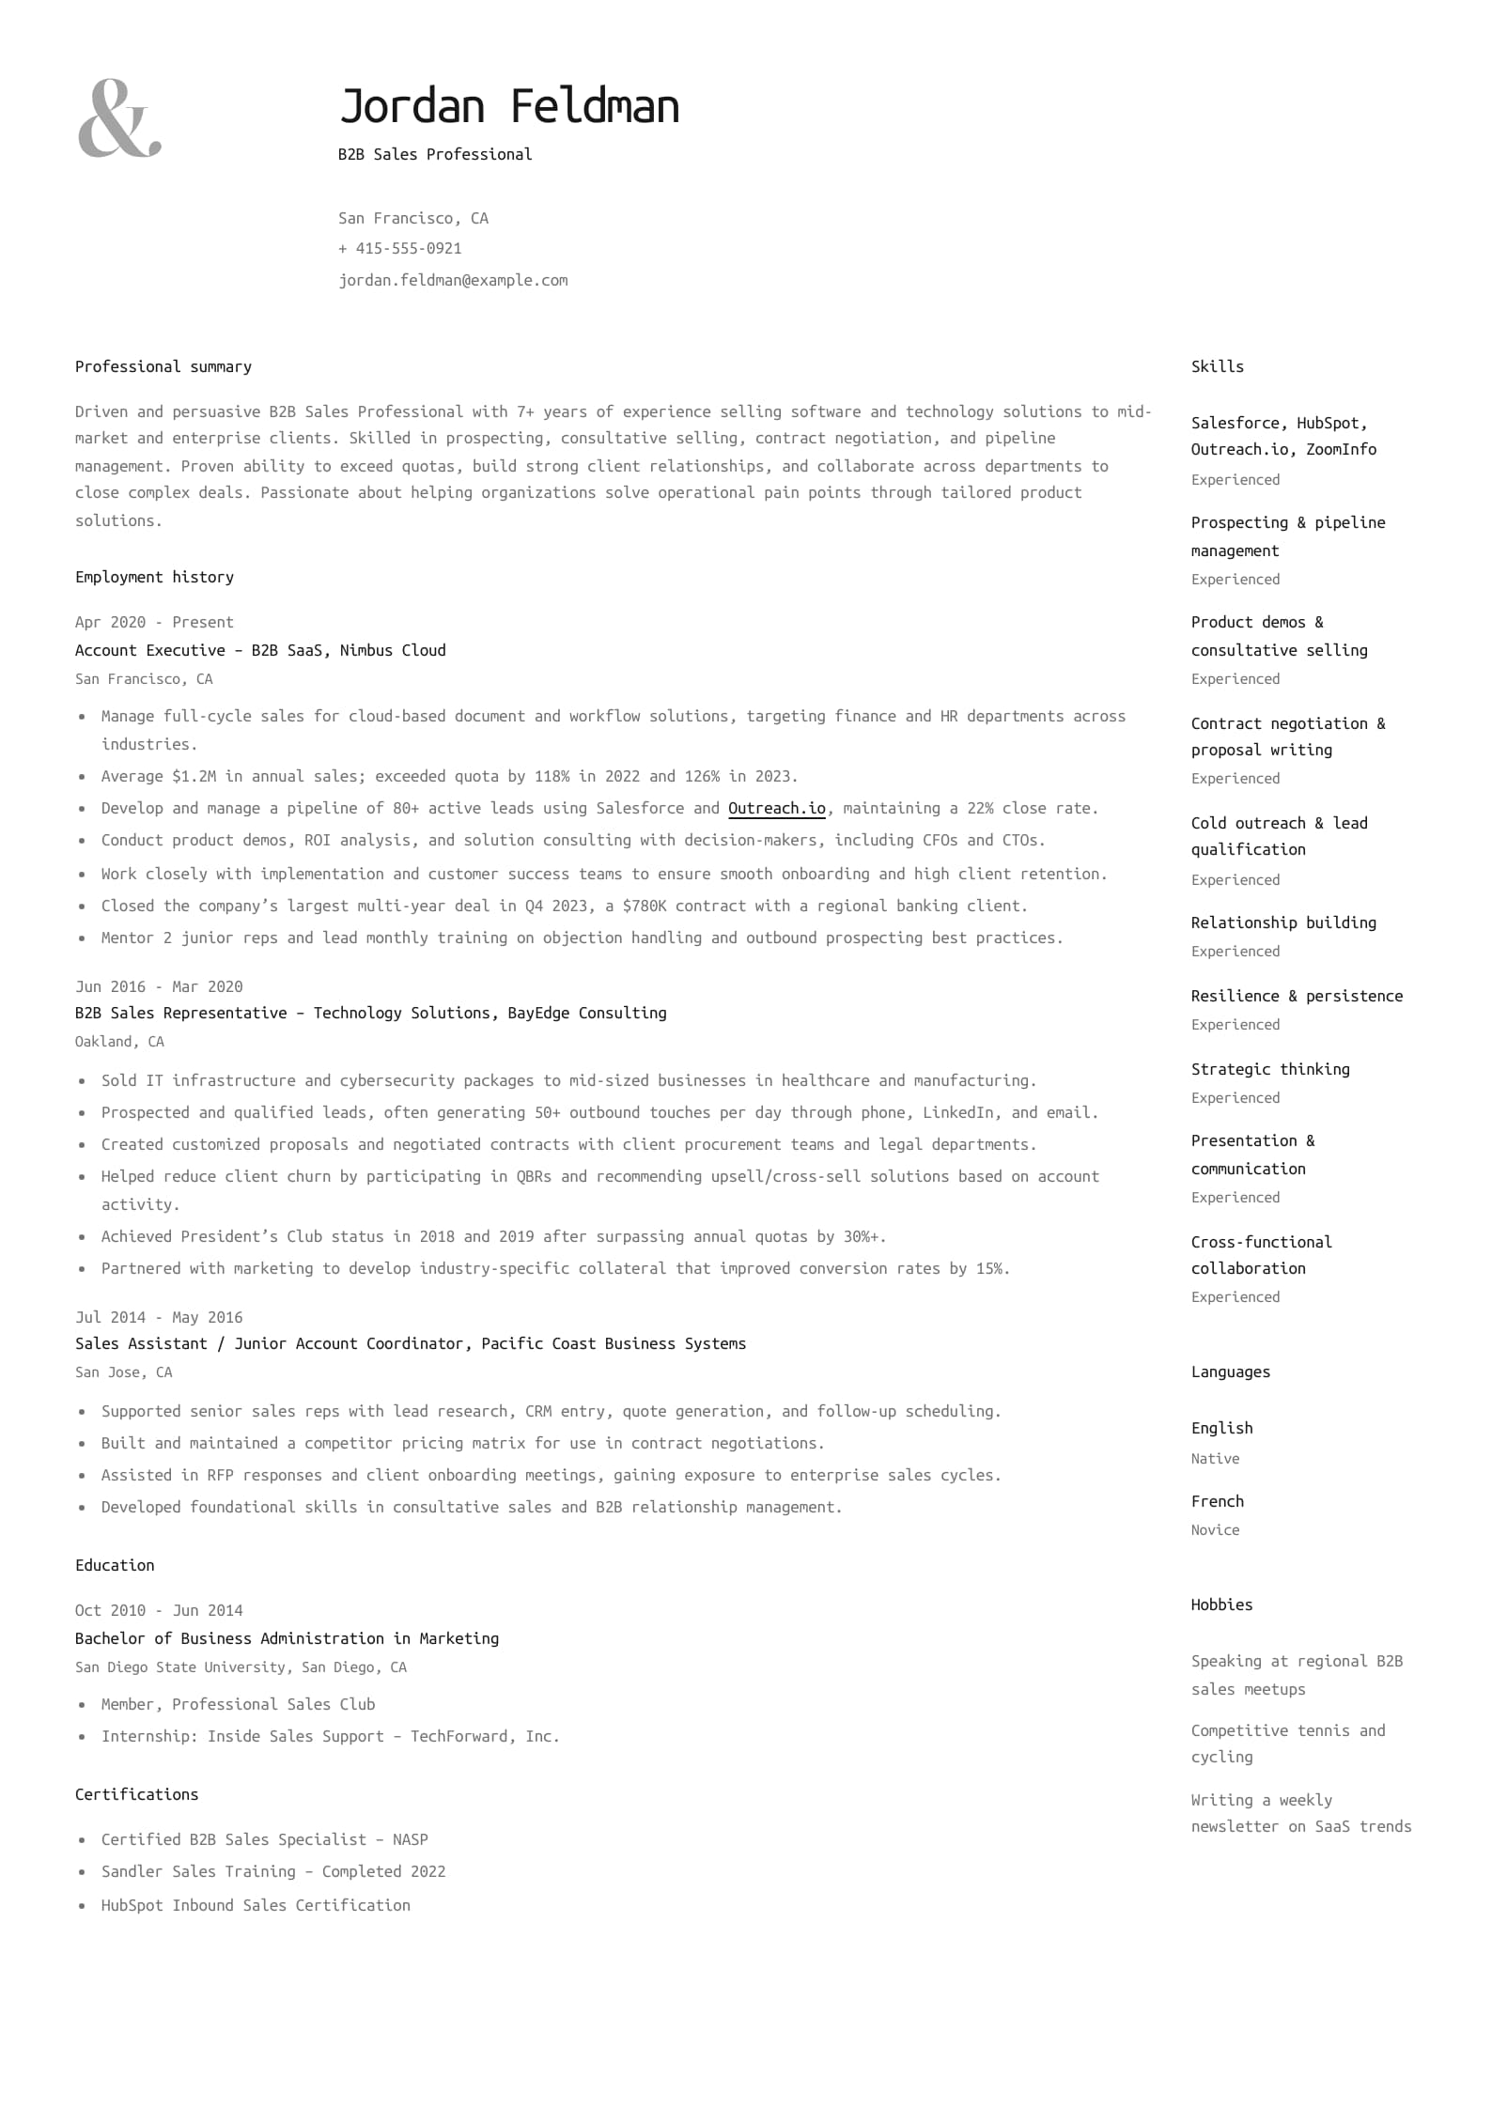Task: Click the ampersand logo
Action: [x=119, y=118]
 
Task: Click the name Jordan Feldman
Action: [x=508, y=106]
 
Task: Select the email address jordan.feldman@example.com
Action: [x=453, y=280]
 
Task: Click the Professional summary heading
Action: [x=163, y=366]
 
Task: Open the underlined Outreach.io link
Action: [x=776, y=808]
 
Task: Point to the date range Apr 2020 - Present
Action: [x=154, y=622]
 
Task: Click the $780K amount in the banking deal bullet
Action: [x=644, y=906]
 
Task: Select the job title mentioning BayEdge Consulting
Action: [x=370, y=1013]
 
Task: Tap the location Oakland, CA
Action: [x=119, y=1041]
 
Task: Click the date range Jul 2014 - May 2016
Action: [x=159, y=1317]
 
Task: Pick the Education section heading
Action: [x=115, y=1565]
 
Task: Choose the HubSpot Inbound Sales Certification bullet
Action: [x=256, y=1905]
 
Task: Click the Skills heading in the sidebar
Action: [x=1217, y=366]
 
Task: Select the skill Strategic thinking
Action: [x=1270, y=1069]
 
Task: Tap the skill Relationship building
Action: [x=1283, y=922]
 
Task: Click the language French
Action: [x=1217, y=1501]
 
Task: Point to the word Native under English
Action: [x=1215, y=1458]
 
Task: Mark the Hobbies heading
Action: [x=1221, y=1604]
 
